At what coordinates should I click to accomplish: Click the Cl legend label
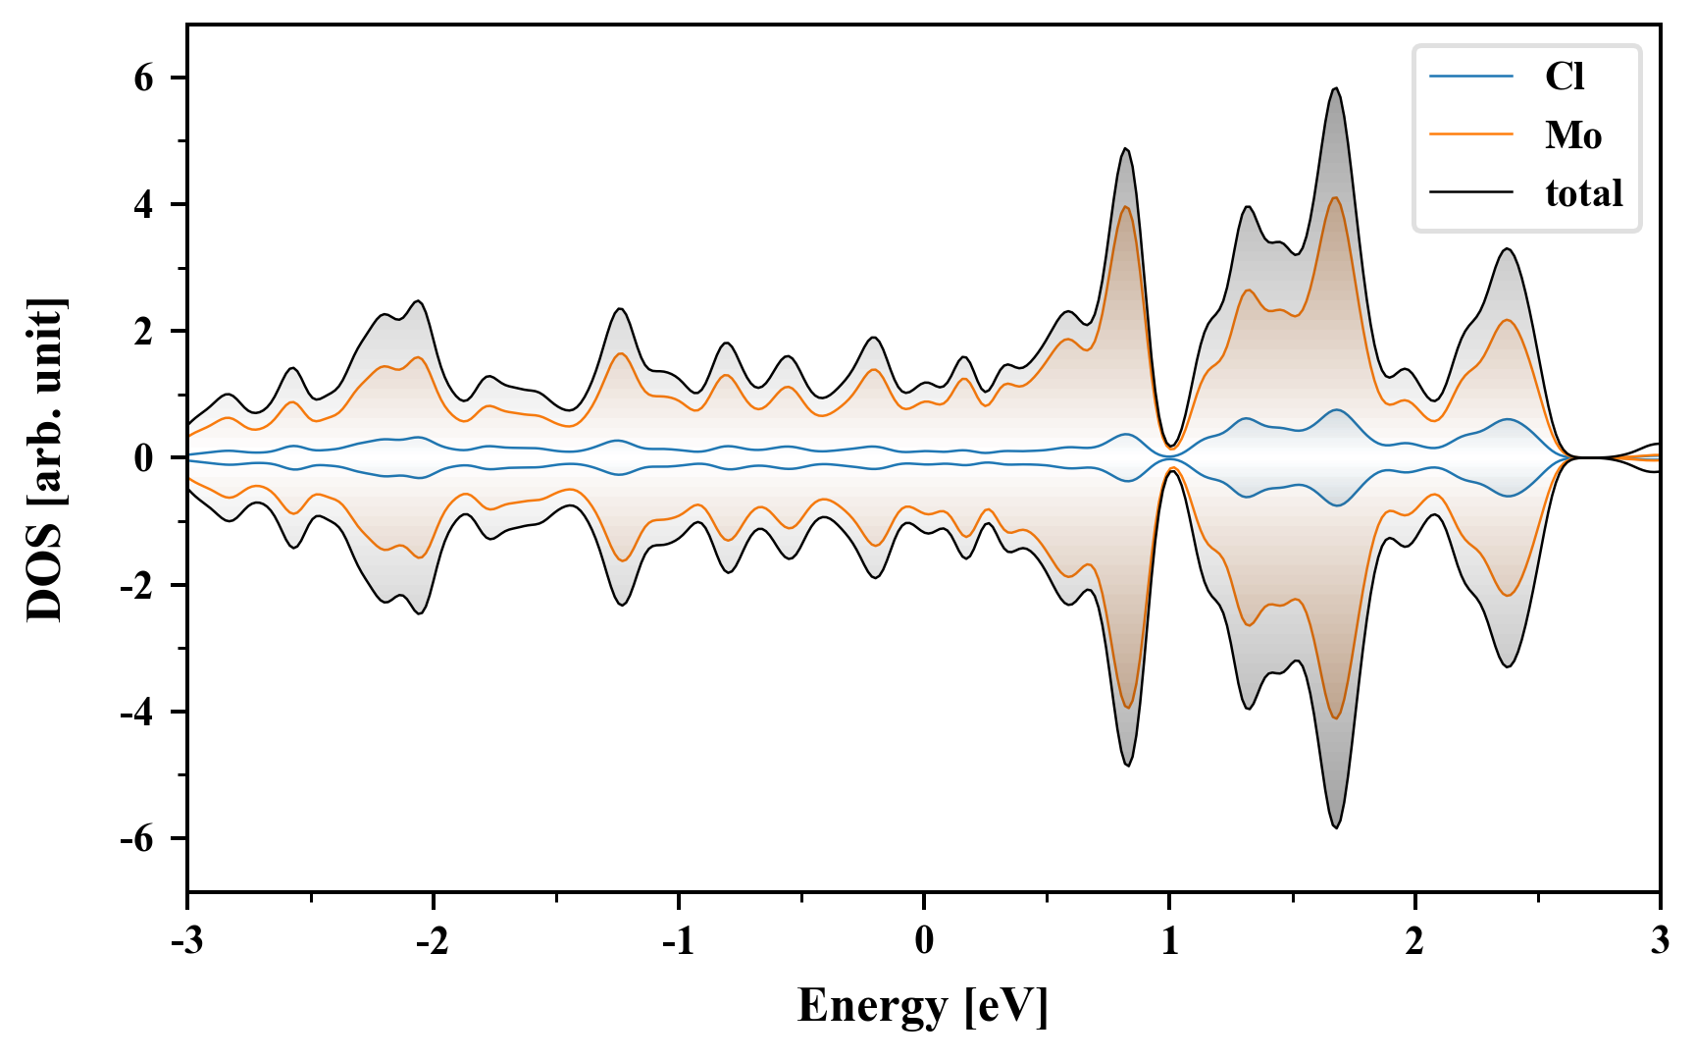1565,77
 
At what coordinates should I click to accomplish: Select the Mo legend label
1573,135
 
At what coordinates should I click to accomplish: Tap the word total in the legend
1584,193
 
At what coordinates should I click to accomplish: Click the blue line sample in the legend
1471,77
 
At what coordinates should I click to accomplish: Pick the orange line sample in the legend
1471,135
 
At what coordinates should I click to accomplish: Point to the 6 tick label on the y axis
144,78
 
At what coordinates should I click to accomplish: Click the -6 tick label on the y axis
137,839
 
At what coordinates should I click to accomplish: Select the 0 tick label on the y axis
144,458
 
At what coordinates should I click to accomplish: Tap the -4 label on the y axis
137,713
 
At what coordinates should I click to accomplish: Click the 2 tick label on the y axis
144,332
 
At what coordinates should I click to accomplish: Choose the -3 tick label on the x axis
186,941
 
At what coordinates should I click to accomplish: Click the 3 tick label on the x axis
1660,941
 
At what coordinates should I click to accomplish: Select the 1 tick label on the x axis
1169,941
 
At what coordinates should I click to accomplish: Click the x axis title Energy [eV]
923,1006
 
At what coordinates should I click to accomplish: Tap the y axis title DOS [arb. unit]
45,458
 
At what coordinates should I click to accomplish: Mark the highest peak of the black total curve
1335,88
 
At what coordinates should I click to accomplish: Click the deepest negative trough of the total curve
1335,827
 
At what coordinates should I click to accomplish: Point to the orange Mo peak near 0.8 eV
1126,206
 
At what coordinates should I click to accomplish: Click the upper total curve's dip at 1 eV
1169,446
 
